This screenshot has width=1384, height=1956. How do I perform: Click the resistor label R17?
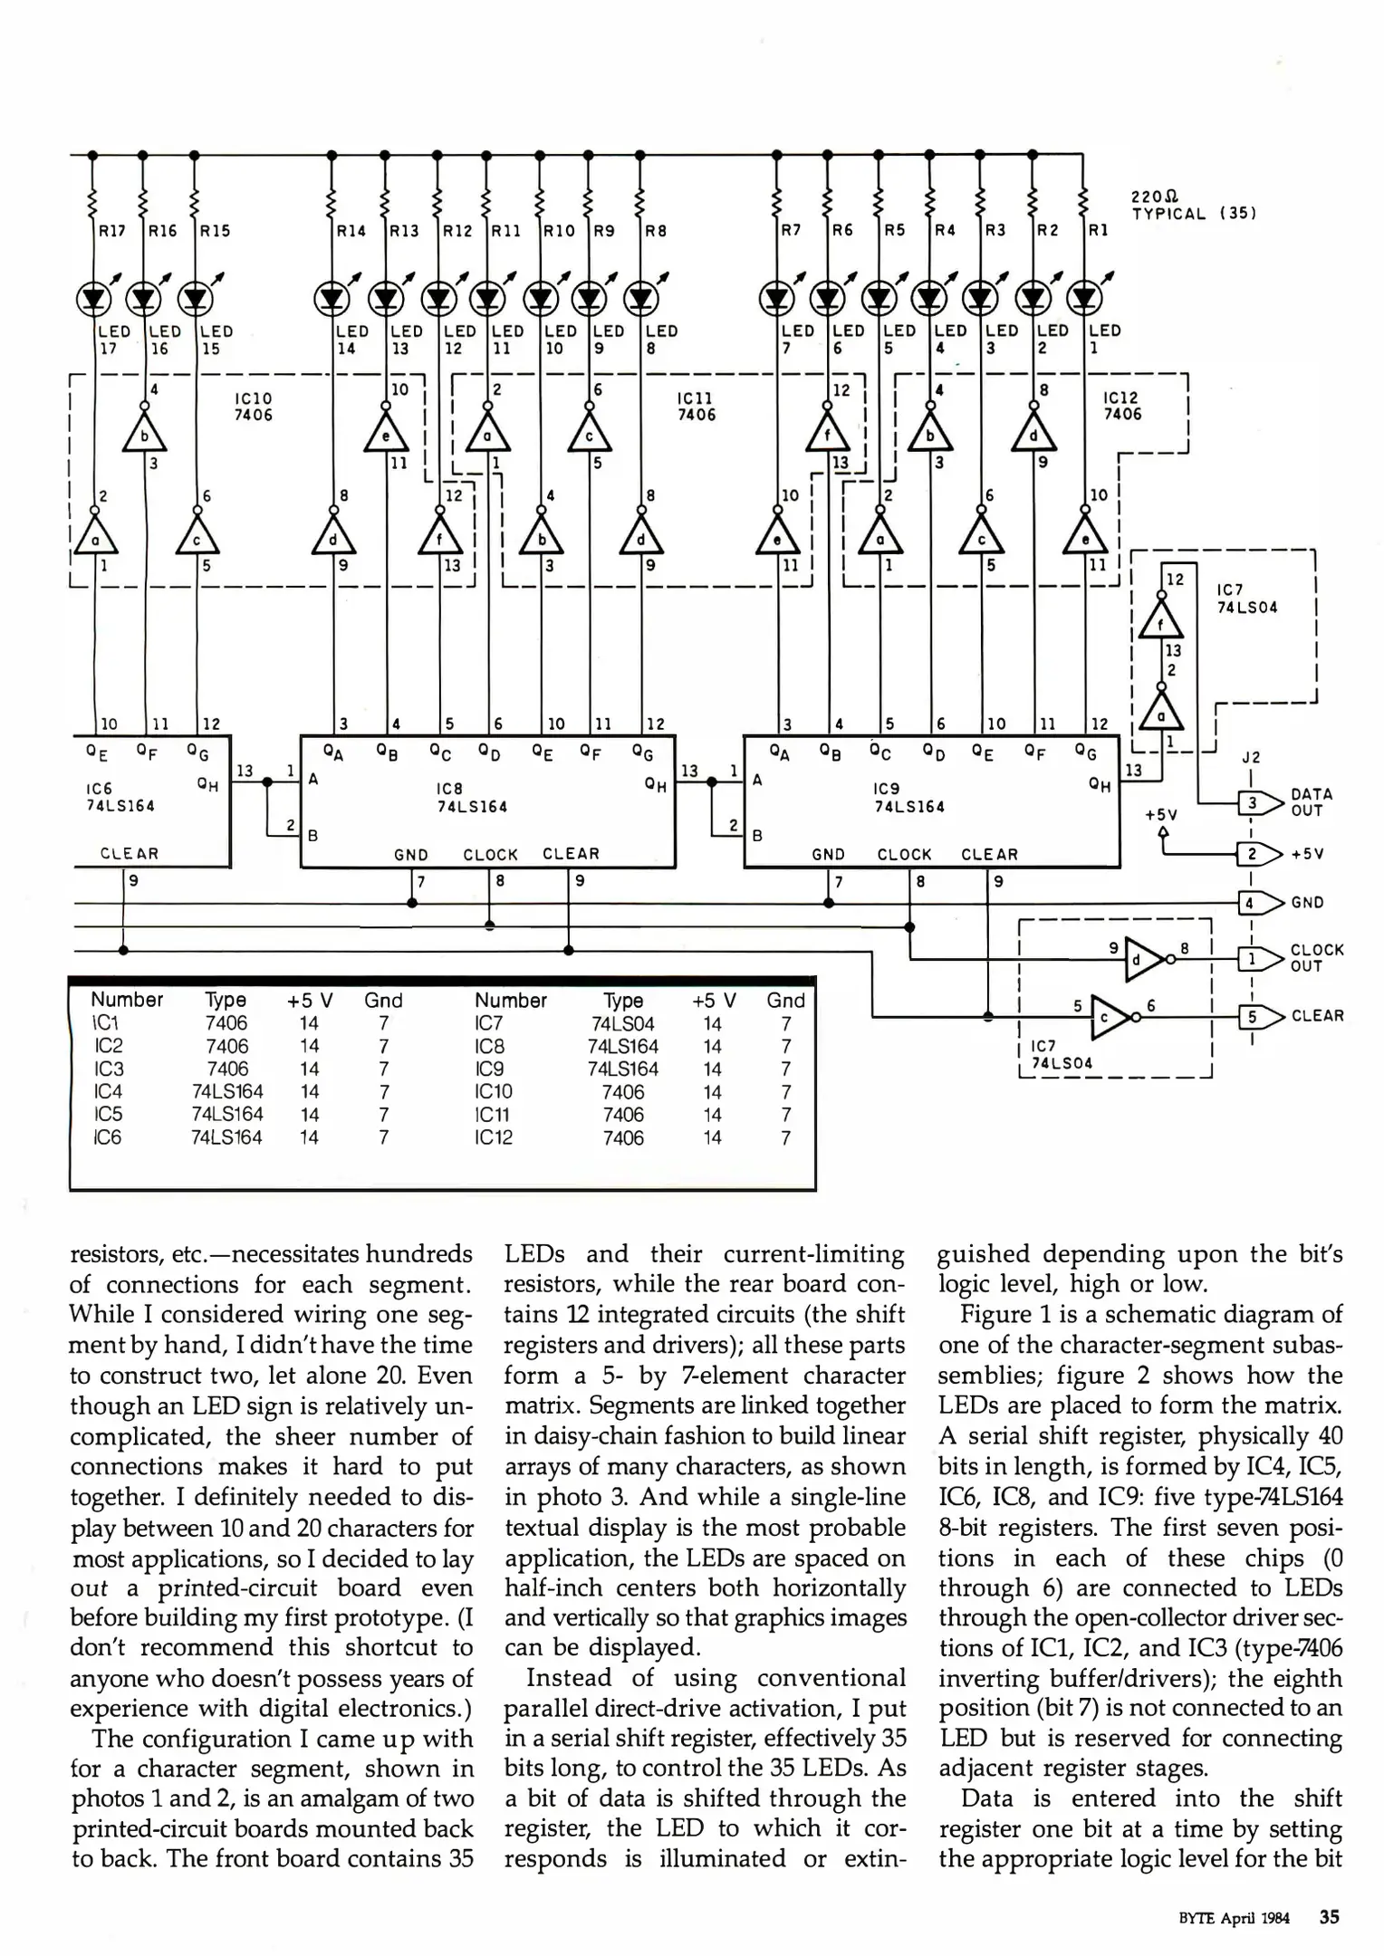[x=112, y=231]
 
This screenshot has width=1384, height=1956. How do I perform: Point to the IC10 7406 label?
[x=253, y=407]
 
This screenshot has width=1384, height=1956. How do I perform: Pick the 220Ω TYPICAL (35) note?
[x=1192, y=206]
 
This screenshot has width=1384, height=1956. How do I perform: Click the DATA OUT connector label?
[x=1312, y=802]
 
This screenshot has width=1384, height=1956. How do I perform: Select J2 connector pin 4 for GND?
[x=1250, y=903]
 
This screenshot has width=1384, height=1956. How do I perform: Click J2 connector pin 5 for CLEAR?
[x=1251, y=1016]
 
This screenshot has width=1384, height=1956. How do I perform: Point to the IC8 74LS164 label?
[x=472, y=798]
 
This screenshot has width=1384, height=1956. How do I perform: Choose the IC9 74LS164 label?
[x=908, y=798]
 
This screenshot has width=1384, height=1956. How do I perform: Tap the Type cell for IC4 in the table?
[x=226, y=1091]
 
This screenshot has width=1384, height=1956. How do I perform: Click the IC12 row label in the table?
[x=494, y=1137]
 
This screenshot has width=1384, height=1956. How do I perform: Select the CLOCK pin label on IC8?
[x=490, y=854]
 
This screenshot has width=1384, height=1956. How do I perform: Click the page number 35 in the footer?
[x=1329, y=1916]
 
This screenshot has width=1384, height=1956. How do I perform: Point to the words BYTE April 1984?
[x=1234, y=1917]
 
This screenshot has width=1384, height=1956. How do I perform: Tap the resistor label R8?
[x=655, y=231]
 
